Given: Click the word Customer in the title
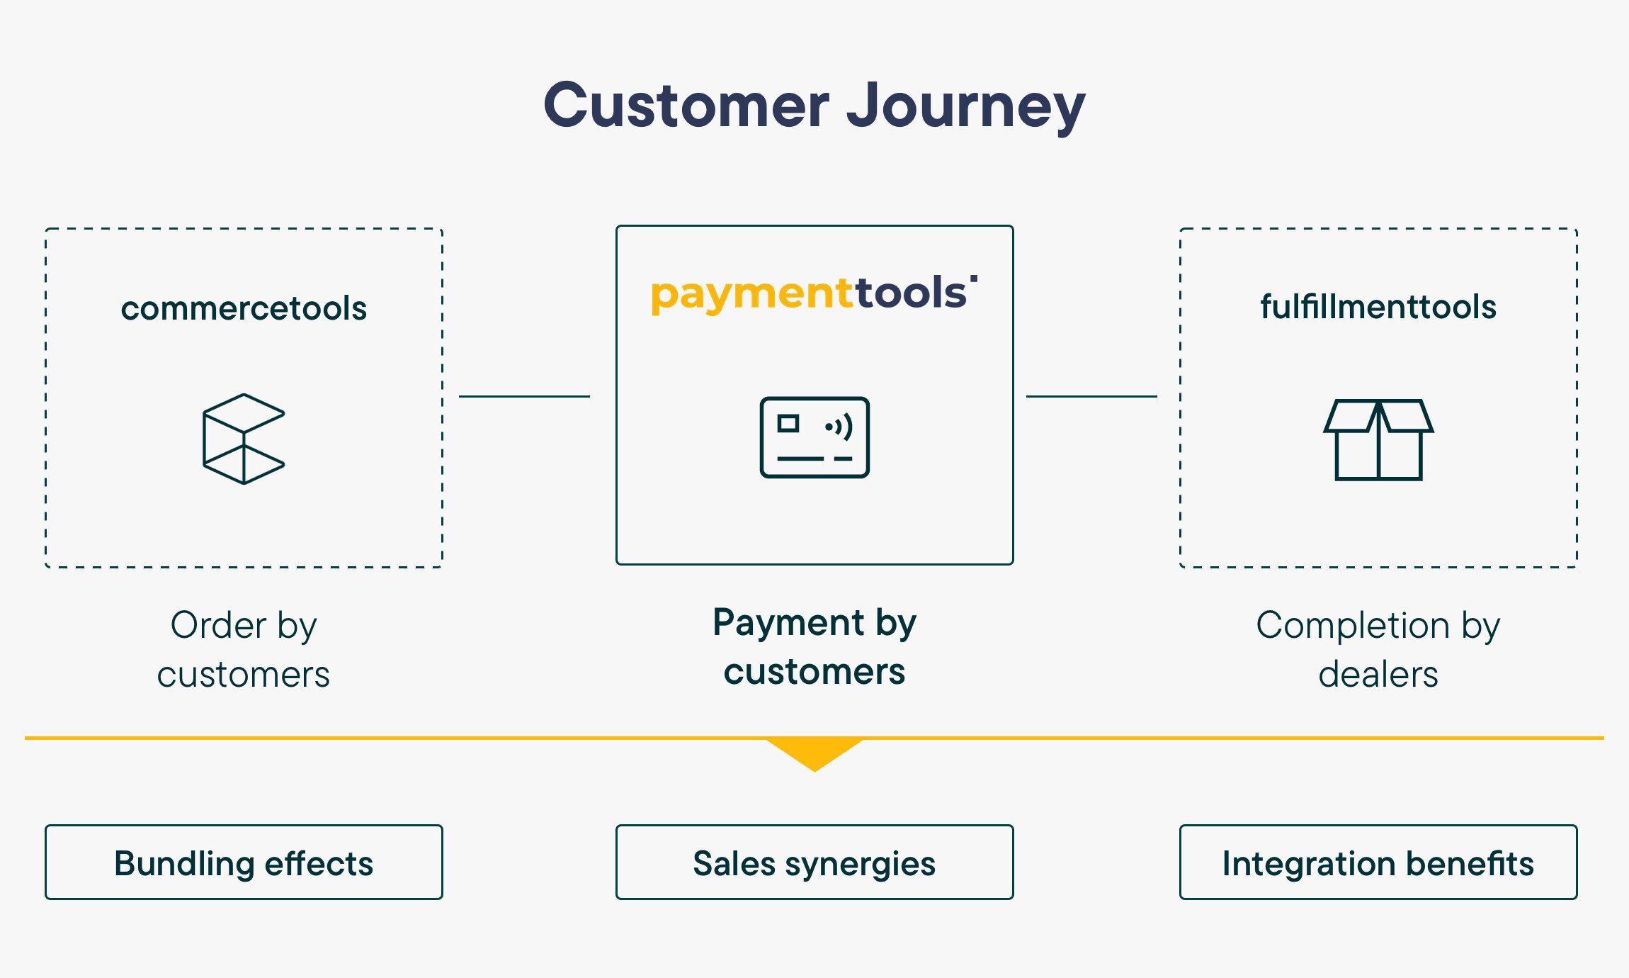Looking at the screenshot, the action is click(x=686, y=105).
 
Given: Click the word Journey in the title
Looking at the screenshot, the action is click(x=966, y=107).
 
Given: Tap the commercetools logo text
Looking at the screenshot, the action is click(x=244, y=308).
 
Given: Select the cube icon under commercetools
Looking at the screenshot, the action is click(x=244, y=439).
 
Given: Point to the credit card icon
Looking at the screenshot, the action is click(x=814, y=437).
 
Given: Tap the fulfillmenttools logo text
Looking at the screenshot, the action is click(x=1378, y=307).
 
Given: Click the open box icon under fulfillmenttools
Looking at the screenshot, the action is click(x=1378, y=439).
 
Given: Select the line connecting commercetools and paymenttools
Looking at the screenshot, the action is click(x=524, y=396).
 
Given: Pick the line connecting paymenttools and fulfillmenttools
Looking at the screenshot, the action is click(x=1091, y=396).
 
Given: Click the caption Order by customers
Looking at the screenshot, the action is click(x=244, y=649).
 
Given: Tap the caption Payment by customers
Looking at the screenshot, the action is click(x=814, y=646).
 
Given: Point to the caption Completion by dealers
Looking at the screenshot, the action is click(x=1378, y=649).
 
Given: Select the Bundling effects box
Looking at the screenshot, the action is click(x=244, y=862).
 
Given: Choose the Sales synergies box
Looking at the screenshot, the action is click(x=814, y=862).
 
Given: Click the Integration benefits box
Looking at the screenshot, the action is click(x=1378, y=862).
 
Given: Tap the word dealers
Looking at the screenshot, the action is click(x=1378, y=674).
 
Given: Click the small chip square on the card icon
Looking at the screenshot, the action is click(x=788, y=424).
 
